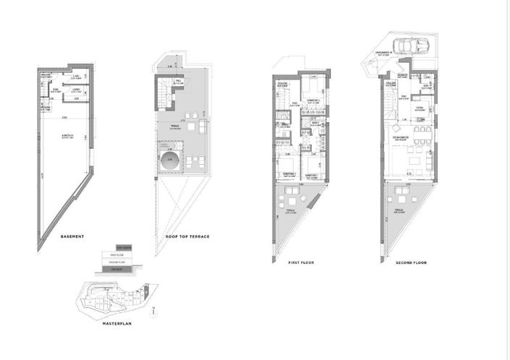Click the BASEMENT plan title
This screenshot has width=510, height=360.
72,237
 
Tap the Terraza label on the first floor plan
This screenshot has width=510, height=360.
292,213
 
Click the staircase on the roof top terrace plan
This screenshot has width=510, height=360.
166,95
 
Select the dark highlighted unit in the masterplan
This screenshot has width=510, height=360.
93,297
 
